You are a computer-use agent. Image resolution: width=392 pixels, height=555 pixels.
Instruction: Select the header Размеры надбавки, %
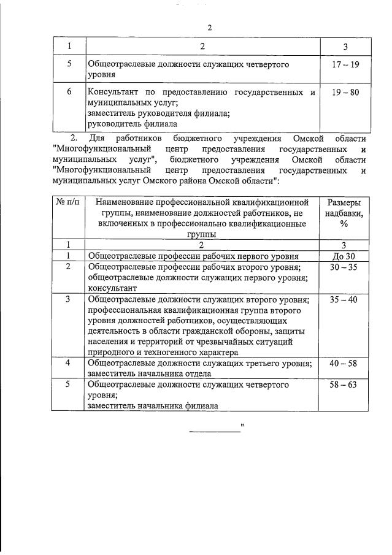pyautogui.click(x=344, y=213)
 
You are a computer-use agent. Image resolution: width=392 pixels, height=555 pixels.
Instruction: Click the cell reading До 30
pyautogui.click(x=344, y=256)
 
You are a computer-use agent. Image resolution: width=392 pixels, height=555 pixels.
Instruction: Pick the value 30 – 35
pyautogui.click(x=344, y=267)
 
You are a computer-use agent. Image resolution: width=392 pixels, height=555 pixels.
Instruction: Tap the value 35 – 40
pyautogui.click(x=344, y=300)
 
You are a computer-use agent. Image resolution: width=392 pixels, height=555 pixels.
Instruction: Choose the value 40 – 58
pyautogui.click(x=344, y=363)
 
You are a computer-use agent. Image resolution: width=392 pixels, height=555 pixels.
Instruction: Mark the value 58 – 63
pyautogui.click(x=344, y=384)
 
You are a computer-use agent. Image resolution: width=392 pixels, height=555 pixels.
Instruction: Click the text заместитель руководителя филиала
pyautogui.click(x=150, y=112)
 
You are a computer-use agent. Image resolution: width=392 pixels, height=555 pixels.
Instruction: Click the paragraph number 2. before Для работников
pyautogui.click(x=75, y=137)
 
